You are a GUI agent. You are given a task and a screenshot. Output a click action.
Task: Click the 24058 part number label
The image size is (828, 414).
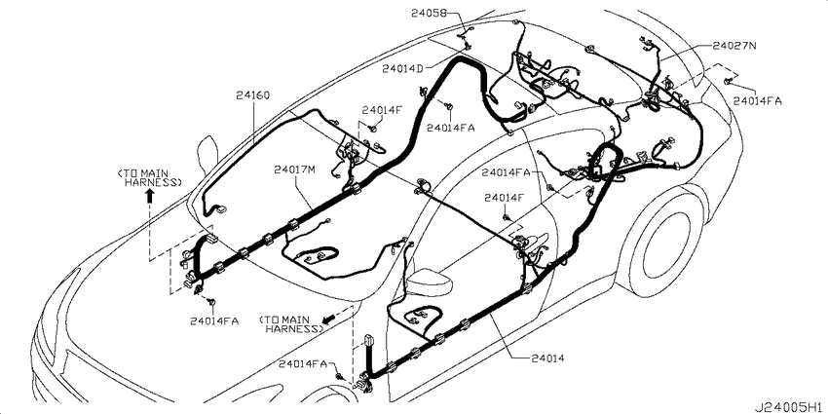click(429, 14)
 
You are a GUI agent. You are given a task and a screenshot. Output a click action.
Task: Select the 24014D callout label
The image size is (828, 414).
click(403, 68)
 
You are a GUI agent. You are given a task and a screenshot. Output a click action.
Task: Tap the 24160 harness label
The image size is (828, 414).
click(253, 95)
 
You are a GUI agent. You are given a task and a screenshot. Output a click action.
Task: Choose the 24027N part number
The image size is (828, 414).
click(734, 46)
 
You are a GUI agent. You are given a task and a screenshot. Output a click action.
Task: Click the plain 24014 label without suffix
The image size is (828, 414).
click(546, 358)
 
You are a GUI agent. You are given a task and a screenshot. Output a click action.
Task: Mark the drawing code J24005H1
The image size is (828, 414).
click(788, 407)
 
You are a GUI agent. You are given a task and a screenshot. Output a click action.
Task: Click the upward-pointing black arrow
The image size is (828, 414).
click(149, 197)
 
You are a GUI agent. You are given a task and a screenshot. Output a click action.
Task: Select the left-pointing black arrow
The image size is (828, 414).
click(329, 319)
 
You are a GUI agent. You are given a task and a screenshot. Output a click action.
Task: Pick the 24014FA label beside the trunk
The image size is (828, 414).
click(758, 101)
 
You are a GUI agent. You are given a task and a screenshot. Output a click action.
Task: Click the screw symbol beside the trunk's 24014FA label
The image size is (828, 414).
click(728, 80)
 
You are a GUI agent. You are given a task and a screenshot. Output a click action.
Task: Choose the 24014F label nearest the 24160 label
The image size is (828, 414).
click(382, 110)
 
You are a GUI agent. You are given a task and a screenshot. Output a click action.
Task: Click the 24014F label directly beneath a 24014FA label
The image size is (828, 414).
click(505, 197)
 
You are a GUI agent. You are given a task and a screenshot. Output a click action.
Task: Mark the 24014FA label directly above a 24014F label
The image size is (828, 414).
click(506, 172)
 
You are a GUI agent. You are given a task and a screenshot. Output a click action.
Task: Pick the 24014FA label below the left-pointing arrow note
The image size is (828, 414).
click(303, 363)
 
